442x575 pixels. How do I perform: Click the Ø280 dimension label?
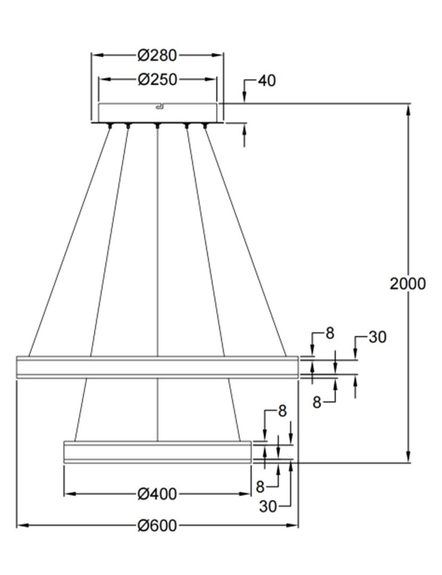pyautogui.click(x=157, y=55)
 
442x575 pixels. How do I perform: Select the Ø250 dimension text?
pyautogui.click(x=157, y=80)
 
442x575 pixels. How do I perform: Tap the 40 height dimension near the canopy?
pyautogui.click(x=267, y=81)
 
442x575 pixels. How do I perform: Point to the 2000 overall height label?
pyautogui.click(x=408, y=284)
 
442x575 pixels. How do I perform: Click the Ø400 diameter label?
pyautogui.click(x=157, y=494)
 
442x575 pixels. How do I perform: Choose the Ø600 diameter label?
pyautogui.click(x=157, y=526)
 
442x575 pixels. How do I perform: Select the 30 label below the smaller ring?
pyautogui.click(x=268, y=506)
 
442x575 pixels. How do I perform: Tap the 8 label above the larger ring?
pyautogui.click(x=330, y=334)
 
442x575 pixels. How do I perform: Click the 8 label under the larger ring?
pyautogui.click(x=317, y=402)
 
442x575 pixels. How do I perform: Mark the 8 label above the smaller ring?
pyautogui.click(x=282, y=411)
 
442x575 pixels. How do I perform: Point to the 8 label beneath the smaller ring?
pyautogui.click(x=260, y=486)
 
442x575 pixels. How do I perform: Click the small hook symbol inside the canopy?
pyautogui.click(x=158, y=108)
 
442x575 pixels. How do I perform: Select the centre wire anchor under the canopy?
pyautogui.click(x=157, y=126)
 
